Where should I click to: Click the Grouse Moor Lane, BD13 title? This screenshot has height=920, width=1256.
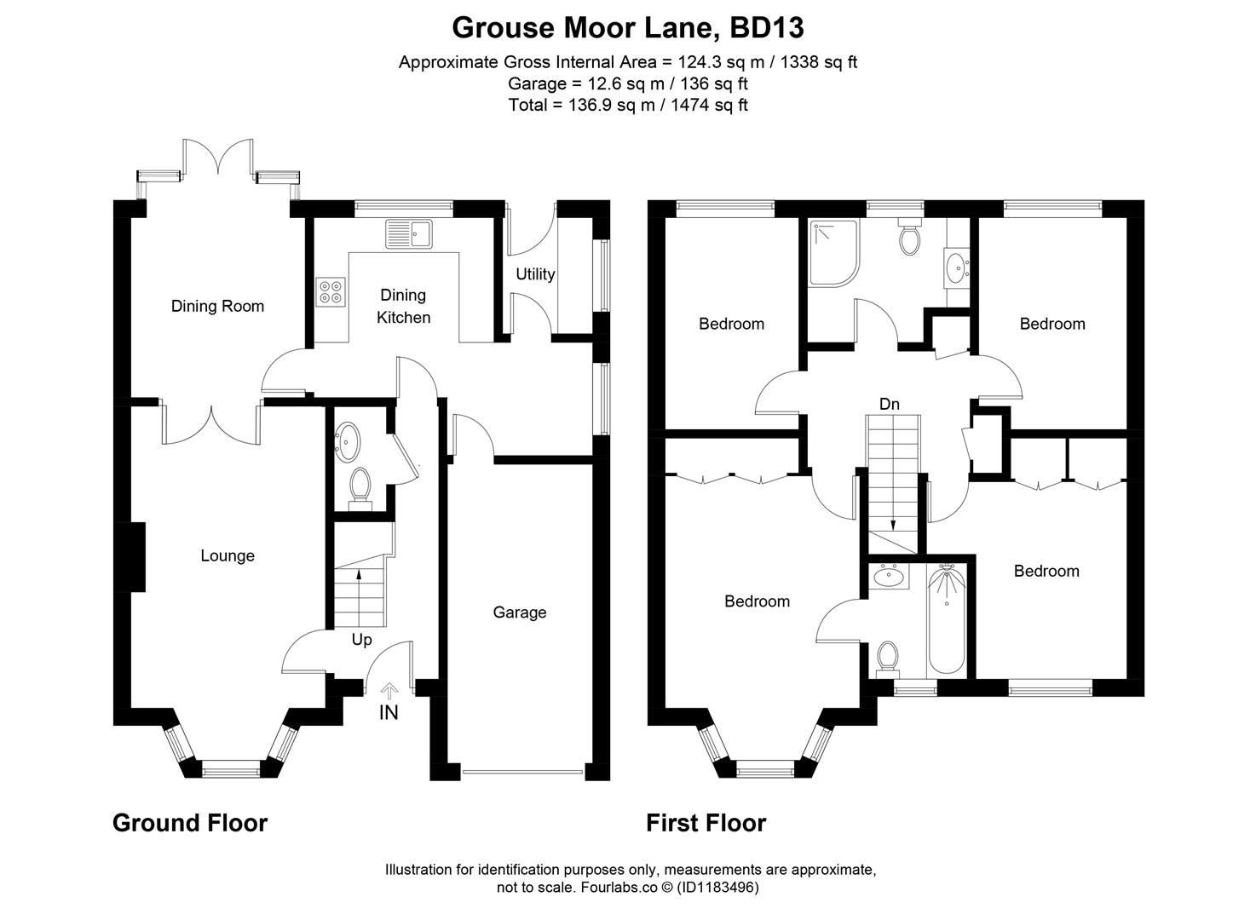click(627, 28)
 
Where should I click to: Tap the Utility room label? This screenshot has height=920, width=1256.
click(535, 273)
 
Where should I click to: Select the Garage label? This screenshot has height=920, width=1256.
click(519, 612)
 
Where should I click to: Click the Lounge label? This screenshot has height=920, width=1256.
click(228, 555)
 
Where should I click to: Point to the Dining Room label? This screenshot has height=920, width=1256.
click(217, 306)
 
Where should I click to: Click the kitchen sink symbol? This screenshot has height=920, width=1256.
click(409, 233)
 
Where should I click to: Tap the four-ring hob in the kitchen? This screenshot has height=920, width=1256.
click(331, 292)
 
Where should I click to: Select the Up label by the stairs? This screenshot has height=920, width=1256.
click(361, 639)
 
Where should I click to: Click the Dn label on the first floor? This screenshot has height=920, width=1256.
click(889, 404)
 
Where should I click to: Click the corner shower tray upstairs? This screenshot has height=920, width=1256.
click(833, 252)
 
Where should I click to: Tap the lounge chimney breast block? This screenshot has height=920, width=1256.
click(136, 556)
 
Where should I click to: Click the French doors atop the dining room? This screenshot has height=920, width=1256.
click(219, 162)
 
